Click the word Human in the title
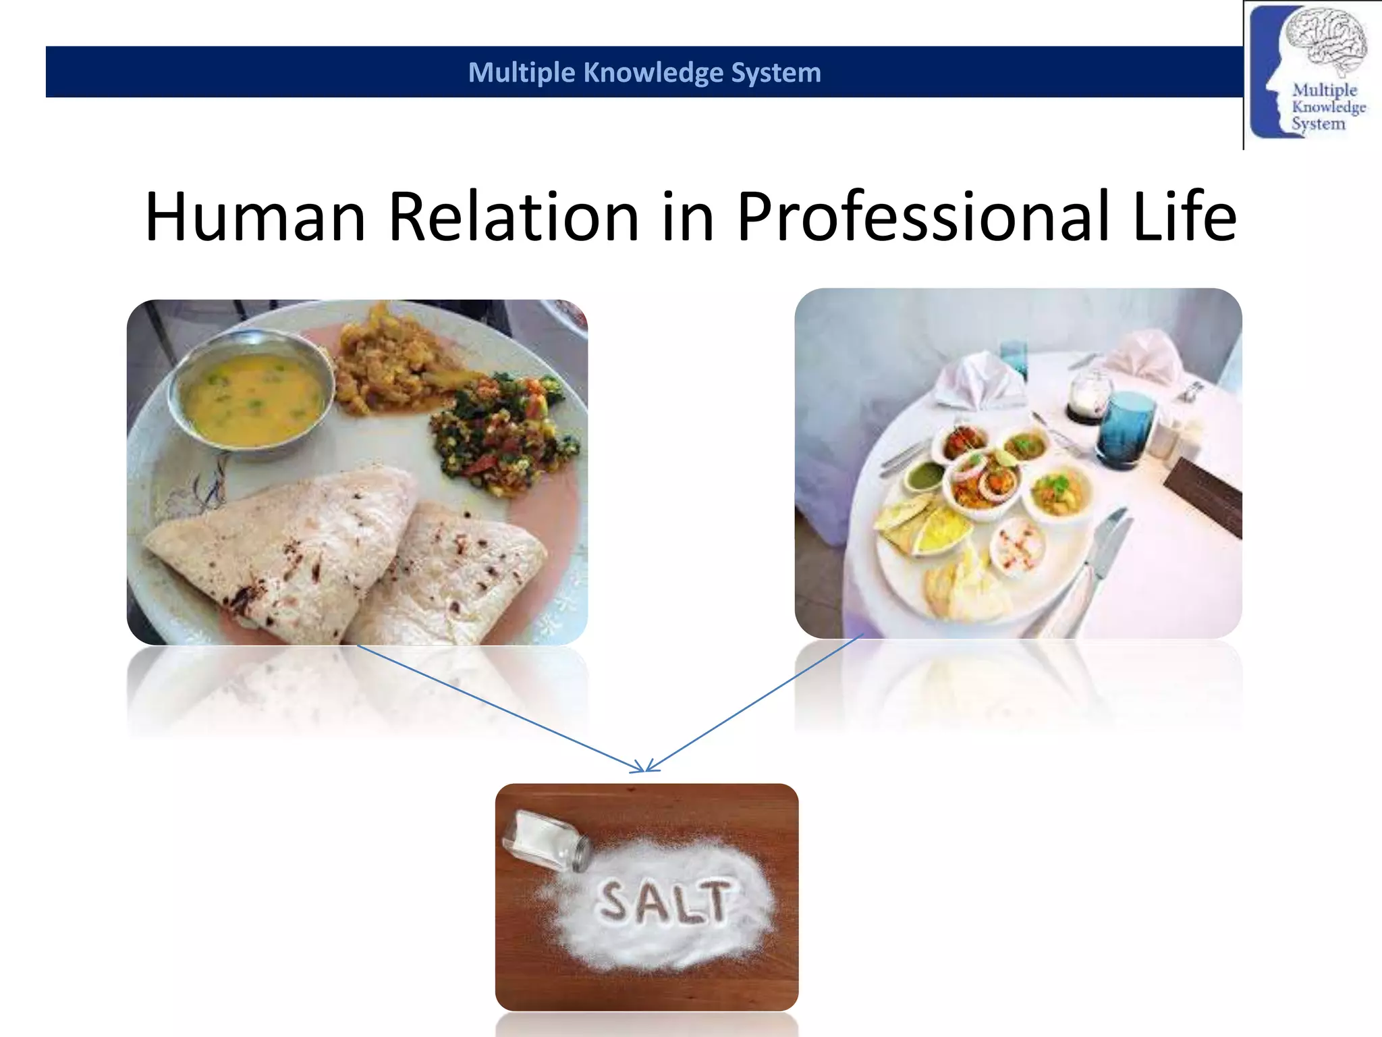tap(255, 217)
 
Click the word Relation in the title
tap(514, 217)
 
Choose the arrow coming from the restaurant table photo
tap(756, 702)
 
